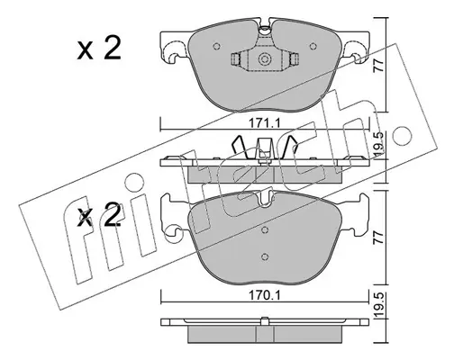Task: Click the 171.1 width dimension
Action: (264, 123)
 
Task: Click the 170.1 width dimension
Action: (264, 296)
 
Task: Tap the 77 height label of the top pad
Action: (379, 66)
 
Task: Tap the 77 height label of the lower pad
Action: (379, 238)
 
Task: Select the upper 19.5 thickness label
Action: (379, 143)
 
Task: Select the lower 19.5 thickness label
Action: (379, 306)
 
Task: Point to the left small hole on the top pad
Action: (216, 46)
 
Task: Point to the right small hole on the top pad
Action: (313, 46)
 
